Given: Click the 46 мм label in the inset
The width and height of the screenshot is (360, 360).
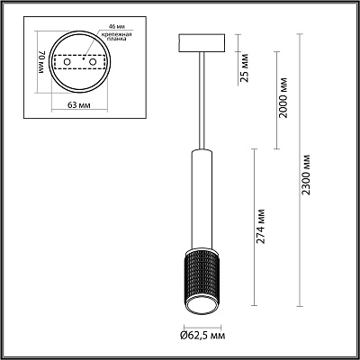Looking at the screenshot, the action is coord(108,27).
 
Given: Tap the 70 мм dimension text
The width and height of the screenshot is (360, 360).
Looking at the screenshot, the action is coord(41,62).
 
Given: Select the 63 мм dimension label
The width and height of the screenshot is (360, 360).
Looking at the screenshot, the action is coord(79,105).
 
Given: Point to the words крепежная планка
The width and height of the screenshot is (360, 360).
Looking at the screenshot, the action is coord(117,36).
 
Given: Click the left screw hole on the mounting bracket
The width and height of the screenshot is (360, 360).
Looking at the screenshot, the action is coord(67,62).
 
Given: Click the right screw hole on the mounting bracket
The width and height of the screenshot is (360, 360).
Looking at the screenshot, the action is coord(93,62).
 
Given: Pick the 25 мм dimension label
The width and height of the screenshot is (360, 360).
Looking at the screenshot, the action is coord(245,67).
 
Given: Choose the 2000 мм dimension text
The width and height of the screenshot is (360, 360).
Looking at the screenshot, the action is coord(283,98).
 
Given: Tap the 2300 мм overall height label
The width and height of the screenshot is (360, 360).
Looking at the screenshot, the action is coord(306,175).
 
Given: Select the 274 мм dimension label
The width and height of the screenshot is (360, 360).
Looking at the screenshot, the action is coord(261,226).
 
